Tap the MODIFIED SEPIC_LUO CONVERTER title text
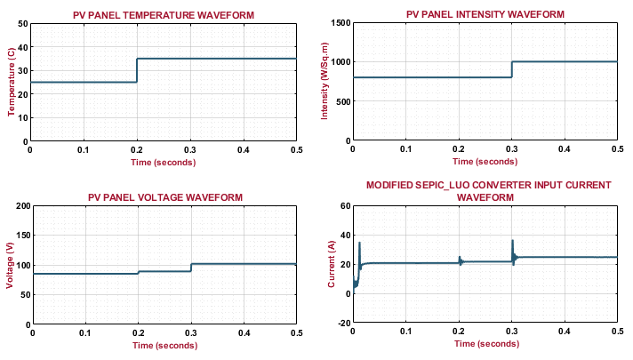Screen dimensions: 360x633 click(488, 185)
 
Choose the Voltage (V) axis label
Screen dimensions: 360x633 click(11, 265)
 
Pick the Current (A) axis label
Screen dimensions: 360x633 click(333, 265)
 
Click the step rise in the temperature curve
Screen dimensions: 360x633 click(137, 70)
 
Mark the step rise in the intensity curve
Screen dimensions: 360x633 click(512, 69)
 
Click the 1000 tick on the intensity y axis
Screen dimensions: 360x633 click(341, 62)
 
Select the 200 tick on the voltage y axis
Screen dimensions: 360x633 click(19, 205)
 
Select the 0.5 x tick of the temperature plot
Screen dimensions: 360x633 click(296, 150)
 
